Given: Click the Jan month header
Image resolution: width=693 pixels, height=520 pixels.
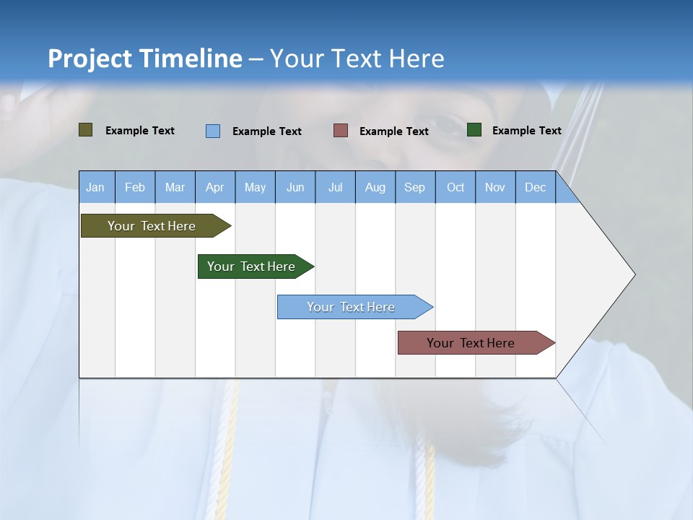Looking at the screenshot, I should pos(96,187).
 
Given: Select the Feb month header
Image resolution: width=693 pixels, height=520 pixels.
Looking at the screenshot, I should pos(135,187).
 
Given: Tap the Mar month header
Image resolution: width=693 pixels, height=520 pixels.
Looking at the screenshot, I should pos(175,187).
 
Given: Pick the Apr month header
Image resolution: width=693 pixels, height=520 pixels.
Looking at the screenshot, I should pos(215,187).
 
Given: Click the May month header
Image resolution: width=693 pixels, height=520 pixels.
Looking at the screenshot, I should pos(255,187).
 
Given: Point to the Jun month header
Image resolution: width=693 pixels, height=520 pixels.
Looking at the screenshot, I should pos(295,187).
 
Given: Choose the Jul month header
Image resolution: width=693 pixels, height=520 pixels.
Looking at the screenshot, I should pos(335,187).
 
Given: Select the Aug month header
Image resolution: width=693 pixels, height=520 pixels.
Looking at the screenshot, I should pos(375,187).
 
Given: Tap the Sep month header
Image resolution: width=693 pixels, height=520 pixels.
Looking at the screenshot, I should pos(415,187).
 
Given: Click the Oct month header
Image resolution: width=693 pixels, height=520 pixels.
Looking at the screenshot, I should pos(456,187).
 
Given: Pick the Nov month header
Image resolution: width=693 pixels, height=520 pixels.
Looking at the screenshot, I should pos(495,187).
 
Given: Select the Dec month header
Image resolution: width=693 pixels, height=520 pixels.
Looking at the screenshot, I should pos(536,187).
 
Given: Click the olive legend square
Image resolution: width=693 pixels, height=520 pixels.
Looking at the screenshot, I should pos(86,130).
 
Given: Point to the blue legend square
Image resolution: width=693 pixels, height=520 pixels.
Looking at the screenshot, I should pos(213,131).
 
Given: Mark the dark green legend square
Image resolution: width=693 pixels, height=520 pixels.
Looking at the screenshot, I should pos(474,130).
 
